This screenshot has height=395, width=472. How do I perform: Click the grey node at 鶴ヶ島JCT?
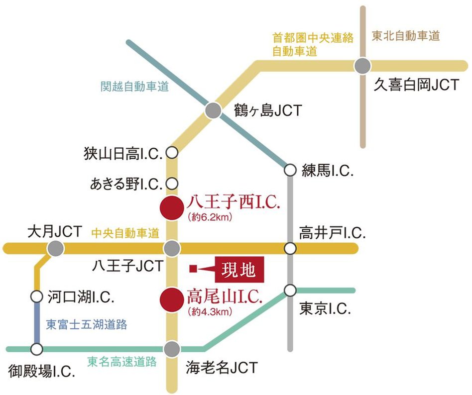(x=213, y=110)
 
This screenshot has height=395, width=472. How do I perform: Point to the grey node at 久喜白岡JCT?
(x=363, y=66)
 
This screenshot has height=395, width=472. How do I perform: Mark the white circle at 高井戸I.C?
(x=290, y=248)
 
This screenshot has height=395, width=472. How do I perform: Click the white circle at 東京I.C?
(x=290, y=290)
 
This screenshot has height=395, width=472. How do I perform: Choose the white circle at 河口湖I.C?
(x=36, y=297)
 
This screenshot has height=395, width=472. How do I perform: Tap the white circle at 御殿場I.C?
(x=36, y=349)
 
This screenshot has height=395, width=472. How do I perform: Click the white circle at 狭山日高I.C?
(x=172, y=153)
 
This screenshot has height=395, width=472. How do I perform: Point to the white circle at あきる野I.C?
(x=172, y=184)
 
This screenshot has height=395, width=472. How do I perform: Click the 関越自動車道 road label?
(x=134, y=87)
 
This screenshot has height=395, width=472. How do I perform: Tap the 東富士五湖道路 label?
(x=87, y=325)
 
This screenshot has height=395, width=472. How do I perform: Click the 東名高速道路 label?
(x=121, y=362)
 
